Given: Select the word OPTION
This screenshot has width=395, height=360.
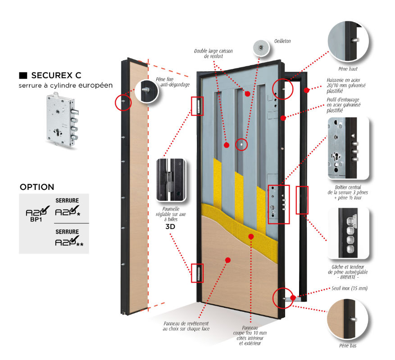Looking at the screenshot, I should [x=37, y=187].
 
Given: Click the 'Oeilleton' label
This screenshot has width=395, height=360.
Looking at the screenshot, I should [x=282, y=41].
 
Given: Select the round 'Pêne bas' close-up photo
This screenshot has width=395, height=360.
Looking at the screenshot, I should [x=349, y=319].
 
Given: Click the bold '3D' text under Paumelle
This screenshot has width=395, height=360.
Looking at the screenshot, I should [x=170, y=226].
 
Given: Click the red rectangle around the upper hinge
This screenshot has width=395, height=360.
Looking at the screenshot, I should [x=197, y=107].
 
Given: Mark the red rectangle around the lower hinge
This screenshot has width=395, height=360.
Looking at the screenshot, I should [x=197, y=272].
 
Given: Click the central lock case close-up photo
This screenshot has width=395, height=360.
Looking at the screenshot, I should [x=349, y=147].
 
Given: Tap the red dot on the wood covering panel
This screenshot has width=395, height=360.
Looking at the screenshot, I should [x=228, y=260].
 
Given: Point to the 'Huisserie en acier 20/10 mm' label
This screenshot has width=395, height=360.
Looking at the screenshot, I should [x=347, y=85].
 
